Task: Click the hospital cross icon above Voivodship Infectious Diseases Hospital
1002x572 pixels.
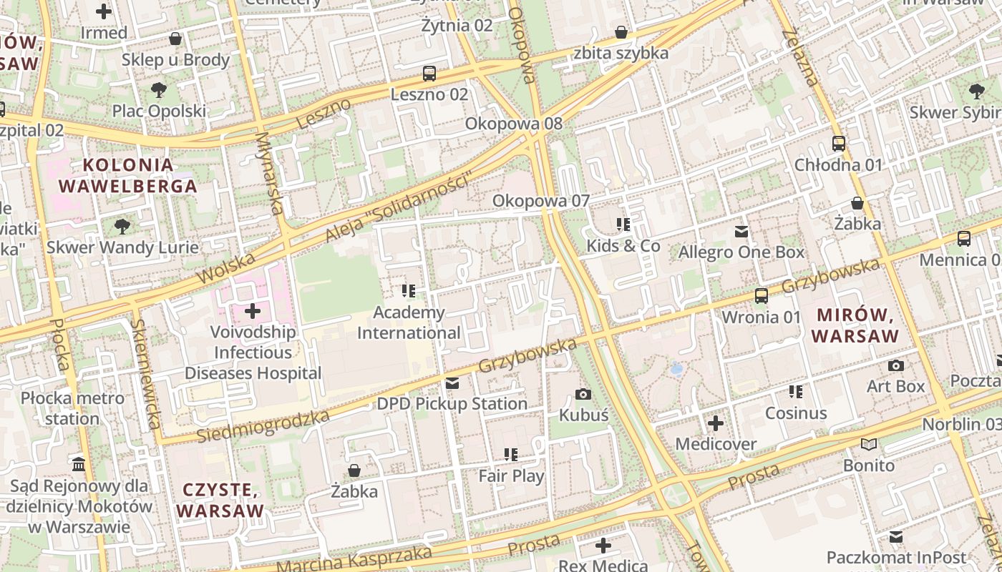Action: [253, 311]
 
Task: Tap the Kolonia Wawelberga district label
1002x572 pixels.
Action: [127, 176]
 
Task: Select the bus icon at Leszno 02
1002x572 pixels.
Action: [429, 73]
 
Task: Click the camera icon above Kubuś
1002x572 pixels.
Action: [583, 394]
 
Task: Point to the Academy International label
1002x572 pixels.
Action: [409, 323]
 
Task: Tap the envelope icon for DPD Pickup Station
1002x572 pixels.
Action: [452, 383]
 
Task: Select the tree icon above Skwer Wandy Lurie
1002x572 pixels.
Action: [122, 227]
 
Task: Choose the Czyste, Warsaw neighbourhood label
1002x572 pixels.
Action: [220, 500]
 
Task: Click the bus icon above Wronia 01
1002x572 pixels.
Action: [762, 295]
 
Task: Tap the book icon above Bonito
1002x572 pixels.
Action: [869, 445]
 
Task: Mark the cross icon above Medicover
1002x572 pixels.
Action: [716, 423]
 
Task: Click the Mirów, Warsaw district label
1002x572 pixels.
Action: [855, 325]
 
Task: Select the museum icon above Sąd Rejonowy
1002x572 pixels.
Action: [79, 464]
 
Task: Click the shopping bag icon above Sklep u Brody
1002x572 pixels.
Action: [175, 39]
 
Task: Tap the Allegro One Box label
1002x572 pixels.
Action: [741, 252]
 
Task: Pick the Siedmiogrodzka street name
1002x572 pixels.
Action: [263, 426]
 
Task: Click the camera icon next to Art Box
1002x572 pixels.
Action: [895, 365]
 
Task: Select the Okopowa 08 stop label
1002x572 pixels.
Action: [514, 124]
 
